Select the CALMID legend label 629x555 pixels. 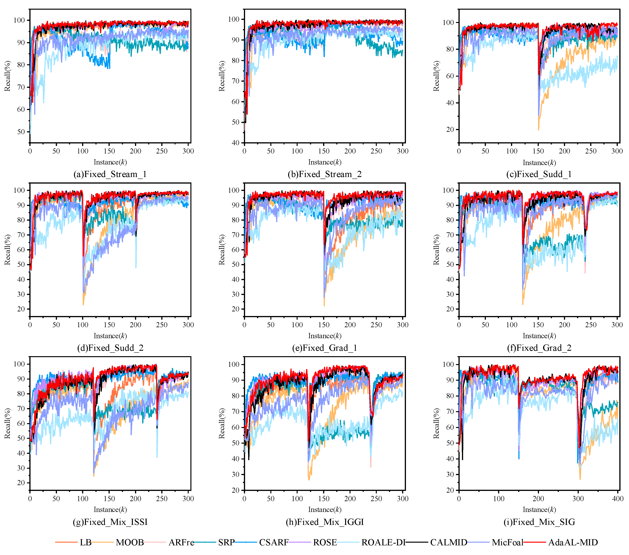coord(448,542)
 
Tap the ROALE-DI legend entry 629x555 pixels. coord(383,542)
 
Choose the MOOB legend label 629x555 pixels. coord(130,542)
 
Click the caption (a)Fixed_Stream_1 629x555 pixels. coord(110,175)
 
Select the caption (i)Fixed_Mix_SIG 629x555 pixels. coord(539,522)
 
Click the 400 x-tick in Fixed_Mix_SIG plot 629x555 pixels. coord(618,498)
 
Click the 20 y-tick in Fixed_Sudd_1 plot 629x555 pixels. coord(450,130)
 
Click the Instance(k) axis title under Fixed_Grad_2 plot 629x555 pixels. coord(539,336)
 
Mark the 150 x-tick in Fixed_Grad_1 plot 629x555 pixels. coord(323,325)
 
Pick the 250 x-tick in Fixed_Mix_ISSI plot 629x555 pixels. coord(162,498)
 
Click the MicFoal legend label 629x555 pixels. coord(507,542)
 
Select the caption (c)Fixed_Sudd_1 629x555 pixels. coord(539,175)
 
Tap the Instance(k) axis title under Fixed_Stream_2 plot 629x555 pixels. coord(325,162)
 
